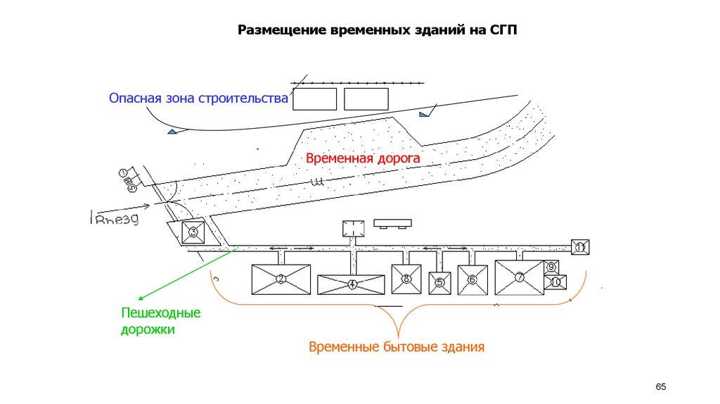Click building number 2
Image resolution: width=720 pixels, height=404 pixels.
(x=281, y=279)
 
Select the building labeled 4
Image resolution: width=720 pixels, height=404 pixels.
(x=352, y=284)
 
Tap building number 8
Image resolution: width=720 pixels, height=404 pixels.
(x=406, y=279)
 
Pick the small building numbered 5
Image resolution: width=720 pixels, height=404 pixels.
(x=440, y=283)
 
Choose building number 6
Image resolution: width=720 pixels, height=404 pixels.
(x=472, y=279)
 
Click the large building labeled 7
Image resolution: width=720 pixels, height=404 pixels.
(x=520, y=277)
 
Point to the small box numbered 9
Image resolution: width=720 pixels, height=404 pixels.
(x=552, y=267)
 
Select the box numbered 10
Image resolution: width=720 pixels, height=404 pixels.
(x=555, y=282)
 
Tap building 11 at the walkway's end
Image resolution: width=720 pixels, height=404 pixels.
(x=580, y=247)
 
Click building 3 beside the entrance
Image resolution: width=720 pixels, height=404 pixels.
(x=193, y=231)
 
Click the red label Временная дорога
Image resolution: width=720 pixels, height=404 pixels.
(x=362, y=159)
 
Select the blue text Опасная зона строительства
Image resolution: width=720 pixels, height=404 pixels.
(x=198, y=99)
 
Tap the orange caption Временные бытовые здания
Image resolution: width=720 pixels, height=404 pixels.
(x=397, y=347)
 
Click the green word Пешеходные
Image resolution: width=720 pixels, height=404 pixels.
(x=160, y=313)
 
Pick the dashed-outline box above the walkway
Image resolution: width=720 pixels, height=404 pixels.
(x=353, y=229)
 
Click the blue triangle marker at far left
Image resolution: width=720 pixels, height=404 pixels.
(x=172, y=132)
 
